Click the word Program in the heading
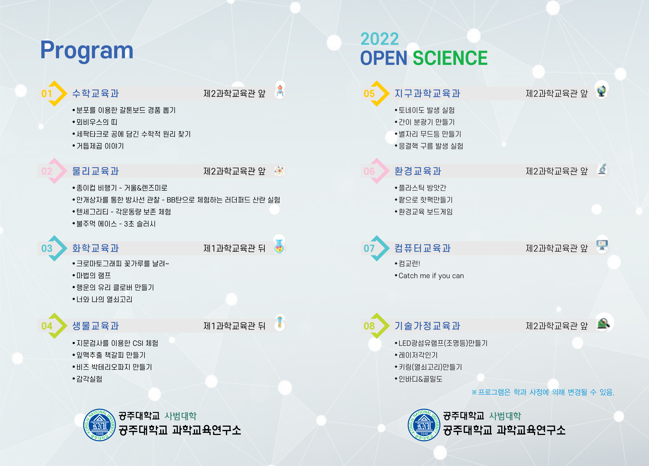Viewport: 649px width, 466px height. click(x=87, y=51)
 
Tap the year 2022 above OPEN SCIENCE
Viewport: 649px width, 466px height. click(x=379, y=39)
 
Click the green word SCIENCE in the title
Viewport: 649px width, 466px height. click(x=450, y=58)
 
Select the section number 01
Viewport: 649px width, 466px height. click(x=47, y=93)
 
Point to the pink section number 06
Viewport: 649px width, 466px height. click(x=369, y=171)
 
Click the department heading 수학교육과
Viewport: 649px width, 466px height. click(x=96, y=93)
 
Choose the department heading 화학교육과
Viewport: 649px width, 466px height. click(x=96, y=248)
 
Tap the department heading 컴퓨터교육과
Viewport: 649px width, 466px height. click(x=423, y=248)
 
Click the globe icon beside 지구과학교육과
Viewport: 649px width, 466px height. click(x=601, y=91)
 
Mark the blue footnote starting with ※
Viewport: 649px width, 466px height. click(x=543, y=392)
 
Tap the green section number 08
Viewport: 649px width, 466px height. click(x=369, y=326)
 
